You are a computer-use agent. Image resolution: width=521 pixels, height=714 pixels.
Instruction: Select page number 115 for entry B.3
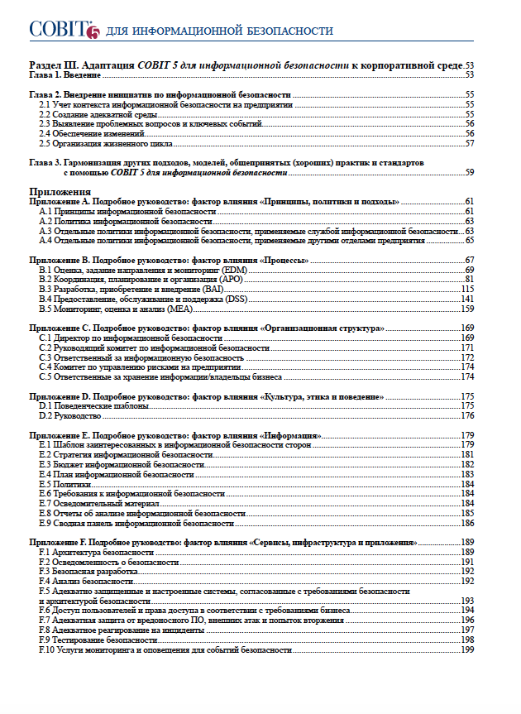point(466,289)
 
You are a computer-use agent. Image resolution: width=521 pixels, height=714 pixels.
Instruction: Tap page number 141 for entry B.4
point(466,299)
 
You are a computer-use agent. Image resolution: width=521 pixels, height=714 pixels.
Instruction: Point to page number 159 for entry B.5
point(466,309)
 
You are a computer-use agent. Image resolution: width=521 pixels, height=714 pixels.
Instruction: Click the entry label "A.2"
point(46,222)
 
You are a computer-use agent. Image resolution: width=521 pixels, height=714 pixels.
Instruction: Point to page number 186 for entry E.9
point(466,523)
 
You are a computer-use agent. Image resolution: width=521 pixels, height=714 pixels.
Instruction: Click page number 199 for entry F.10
point(466,650)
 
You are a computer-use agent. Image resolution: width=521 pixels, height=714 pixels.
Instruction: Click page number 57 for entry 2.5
point(469,143)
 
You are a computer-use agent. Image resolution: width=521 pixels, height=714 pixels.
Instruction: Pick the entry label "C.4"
point(46,367)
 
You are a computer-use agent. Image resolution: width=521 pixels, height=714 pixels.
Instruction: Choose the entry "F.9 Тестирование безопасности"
point(98,640)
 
